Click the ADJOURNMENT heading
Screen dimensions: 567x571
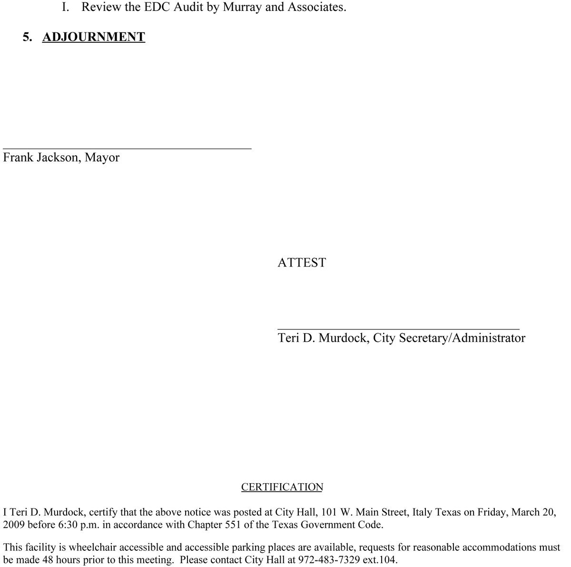click(94, 37)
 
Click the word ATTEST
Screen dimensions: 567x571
click(302, 262)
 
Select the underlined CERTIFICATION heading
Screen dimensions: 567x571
click(282, 487)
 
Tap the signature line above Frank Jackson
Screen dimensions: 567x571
click(127, 149)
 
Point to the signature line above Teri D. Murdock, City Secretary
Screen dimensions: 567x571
click(398, 329)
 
